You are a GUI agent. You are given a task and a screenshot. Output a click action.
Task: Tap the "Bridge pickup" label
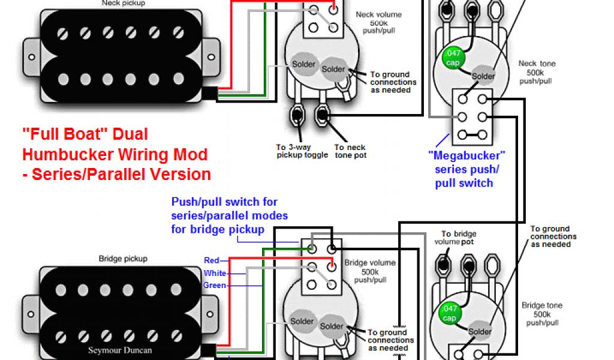pos(122,259)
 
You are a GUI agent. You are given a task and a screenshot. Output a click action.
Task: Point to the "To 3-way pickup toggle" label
pos(302,151)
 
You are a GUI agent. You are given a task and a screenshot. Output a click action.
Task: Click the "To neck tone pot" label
pos(350,151)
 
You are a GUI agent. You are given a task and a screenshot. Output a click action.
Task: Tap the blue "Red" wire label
pos(212,260)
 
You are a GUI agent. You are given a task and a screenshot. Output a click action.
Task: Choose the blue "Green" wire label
pos(214,285)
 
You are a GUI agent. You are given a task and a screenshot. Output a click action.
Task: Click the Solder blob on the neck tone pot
pos(483,76)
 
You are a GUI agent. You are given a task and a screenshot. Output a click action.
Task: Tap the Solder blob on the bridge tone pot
pos(480,331)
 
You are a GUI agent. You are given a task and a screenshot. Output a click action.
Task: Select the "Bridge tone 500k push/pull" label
pos(541,314)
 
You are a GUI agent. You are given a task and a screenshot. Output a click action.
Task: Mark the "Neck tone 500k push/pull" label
pos(537,72)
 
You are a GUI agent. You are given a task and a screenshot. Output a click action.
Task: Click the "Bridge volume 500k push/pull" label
pos(370,271)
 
